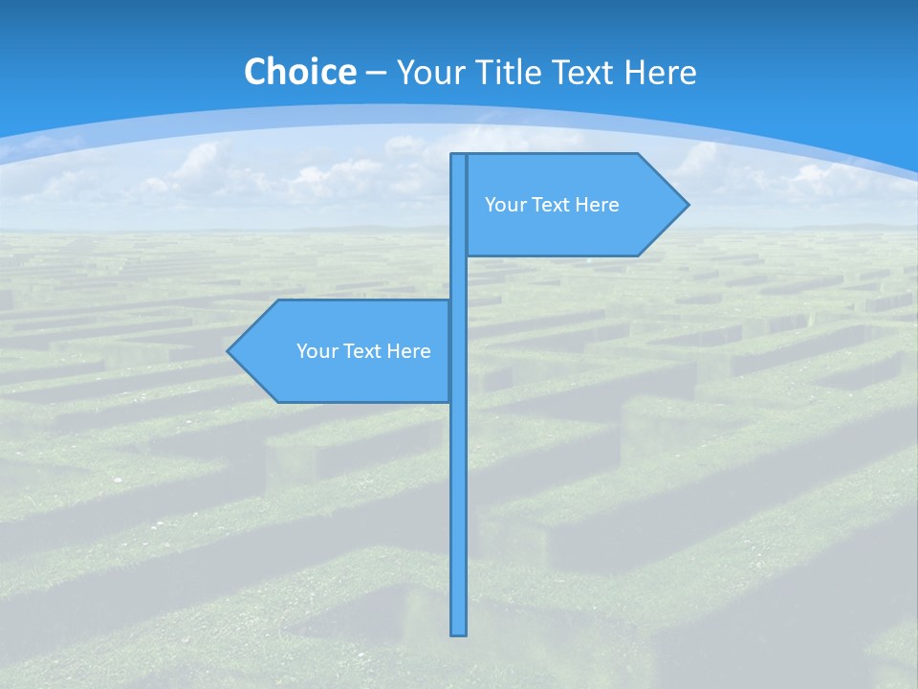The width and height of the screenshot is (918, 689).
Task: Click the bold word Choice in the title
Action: (299, 72)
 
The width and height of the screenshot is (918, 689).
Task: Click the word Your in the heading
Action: (428, 72)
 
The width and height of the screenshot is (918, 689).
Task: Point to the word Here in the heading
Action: (661, 72)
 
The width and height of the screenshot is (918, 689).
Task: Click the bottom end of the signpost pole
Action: (459, 632)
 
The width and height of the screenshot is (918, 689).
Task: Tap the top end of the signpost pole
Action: (459, 157)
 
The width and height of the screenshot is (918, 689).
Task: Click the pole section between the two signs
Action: (459, 278)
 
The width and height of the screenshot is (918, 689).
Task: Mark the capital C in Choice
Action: (254, 72)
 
